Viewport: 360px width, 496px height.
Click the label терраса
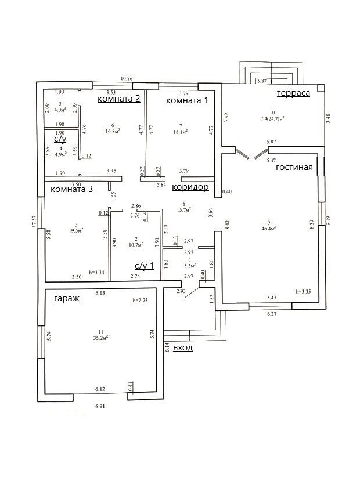point(293,93)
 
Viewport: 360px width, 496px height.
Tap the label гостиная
point(294,168)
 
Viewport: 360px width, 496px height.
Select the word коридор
point(190,187)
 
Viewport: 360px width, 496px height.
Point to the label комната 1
point(187,101)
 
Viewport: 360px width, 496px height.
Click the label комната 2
point(118,98)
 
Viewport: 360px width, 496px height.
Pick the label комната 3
point(72,189)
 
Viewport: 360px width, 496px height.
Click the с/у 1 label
point(145,266)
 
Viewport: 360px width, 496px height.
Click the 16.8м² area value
point(113,131)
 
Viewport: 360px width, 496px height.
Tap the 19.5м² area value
point(75,230)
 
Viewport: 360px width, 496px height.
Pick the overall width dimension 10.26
point(127,78)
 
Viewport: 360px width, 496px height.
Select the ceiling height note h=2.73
point(142,302)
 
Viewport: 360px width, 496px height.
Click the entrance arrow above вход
point(190,333)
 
